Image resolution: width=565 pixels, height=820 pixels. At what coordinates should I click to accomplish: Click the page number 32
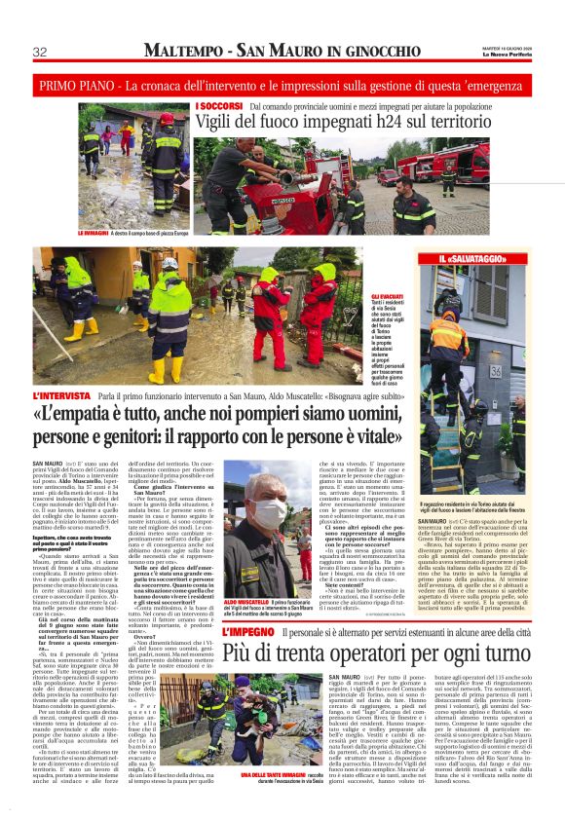40,52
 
